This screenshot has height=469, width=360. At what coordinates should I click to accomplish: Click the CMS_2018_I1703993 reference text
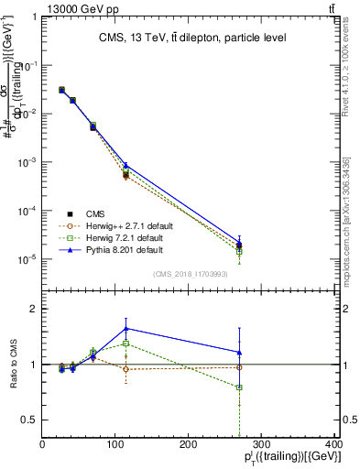[191, 273]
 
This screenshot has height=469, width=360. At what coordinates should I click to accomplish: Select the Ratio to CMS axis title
[12, 365]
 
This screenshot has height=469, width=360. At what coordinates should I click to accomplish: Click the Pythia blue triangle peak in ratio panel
[125, 328]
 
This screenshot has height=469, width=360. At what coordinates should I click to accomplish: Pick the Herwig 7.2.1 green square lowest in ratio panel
[240, 387]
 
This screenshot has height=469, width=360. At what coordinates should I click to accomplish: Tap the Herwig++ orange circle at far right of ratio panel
[240, 367]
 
